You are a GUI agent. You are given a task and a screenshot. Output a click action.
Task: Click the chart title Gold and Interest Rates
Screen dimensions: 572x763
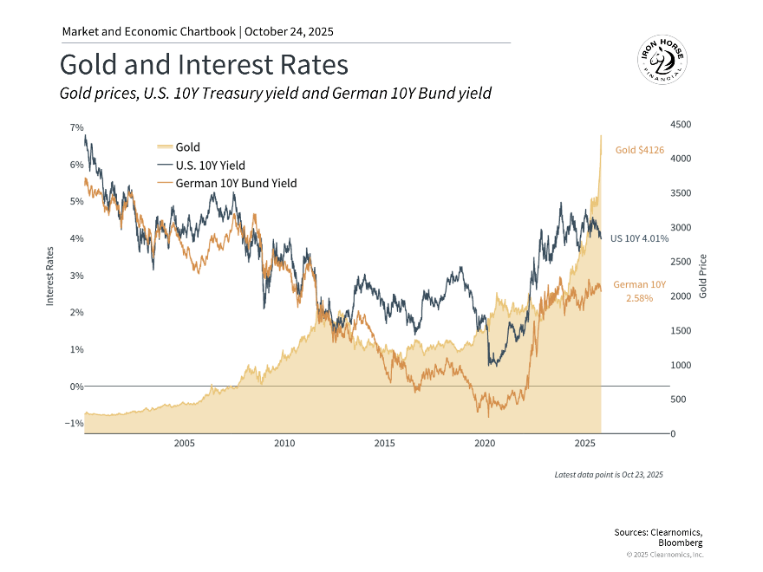[x=204, y=65]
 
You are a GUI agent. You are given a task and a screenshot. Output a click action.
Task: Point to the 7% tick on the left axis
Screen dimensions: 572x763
[x=76, y=127]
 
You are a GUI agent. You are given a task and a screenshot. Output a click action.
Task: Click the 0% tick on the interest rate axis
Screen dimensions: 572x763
[x=76, y=387]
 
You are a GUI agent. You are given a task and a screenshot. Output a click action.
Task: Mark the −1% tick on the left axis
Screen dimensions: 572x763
[x=75, y=424]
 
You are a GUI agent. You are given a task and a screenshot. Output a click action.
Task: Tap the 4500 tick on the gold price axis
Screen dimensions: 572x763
[x=681, y=125]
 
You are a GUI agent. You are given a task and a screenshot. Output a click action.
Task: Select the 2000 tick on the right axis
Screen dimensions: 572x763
[x=681, y=296]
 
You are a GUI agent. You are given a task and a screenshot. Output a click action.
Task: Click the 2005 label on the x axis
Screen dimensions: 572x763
[x=185, y=444]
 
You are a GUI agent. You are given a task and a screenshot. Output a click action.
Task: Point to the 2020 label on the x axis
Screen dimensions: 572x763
[x=485, y=444]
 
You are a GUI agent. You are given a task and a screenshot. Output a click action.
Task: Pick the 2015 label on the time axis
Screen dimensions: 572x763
[x=385, y=444]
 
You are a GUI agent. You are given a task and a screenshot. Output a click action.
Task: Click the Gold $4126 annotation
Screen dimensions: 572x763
[x=639, y=150]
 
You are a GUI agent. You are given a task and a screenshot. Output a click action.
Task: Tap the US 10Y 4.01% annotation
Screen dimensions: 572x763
[x=639, y=237]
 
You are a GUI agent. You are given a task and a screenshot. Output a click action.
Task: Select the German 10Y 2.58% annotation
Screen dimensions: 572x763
[x=639, y=291]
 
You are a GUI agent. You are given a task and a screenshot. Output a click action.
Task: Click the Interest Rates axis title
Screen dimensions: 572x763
[x=50, y=276]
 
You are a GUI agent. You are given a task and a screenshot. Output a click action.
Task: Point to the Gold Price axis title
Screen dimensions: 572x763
[x=703, y=276]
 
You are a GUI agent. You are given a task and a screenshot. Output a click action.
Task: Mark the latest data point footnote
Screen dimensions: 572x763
[x=609, y=475]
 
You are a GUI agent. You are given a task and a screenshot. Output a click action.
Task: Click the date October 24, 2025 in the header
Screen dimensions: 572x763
[x=290, y=32]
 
